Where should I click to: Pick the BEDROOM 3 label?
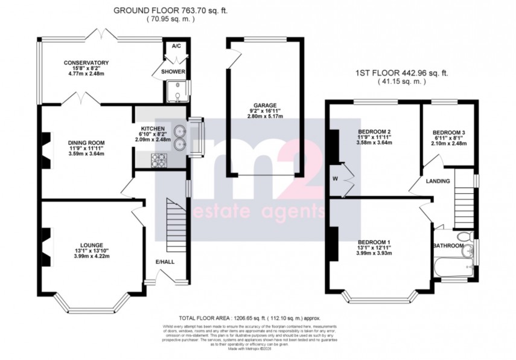point(449,132)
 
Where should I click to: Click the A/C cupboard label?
point(176,46)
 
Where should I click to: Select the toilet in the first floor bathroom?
point(463,237)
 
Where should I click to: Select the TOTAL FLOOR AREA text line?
point(249,317)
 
